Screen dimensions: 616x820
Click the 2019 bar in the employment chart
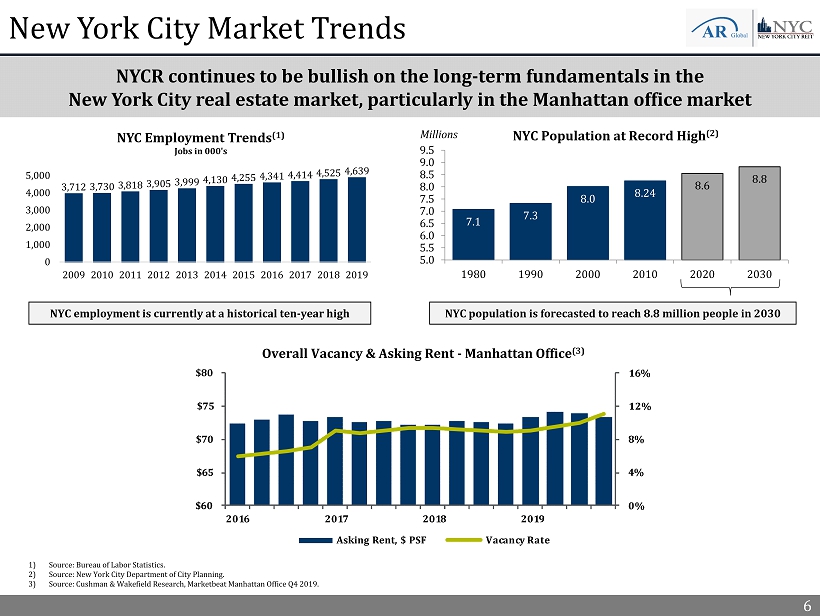pyautogui.click(x=357, y=220)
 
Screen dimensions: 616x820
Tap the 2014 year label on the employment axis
pyautogui.click(x=215, y=273)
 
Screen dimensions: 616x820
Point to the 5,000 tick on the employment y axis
pyautogui.click(x=40, y=176)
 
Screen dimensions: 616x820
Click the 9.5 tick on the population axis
pyautogui.click(x=427, y=151)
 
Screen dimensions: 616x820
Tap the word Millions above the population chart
pyautogui.click(x=437, y=134)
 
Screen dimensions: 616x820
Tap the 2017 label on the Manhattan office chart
pyautogui.click(x=336, y=519)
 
